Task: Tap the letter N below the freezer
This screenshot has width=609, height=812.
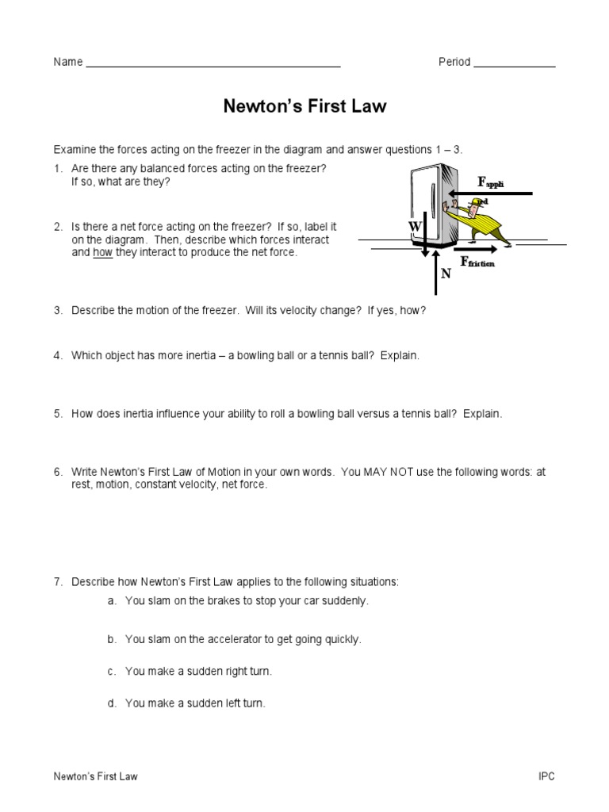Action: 446,274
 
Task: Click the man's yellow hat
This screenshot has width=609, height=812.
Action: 476,204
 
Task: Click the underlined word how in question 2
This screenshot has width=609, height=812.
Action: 103,253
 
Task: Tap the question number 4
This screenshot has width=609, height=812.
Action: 58,356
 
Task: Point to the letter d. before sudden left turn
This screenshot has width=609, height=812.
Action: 112,703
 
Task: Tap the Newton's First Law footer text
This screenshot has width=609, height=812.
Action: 95,777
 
